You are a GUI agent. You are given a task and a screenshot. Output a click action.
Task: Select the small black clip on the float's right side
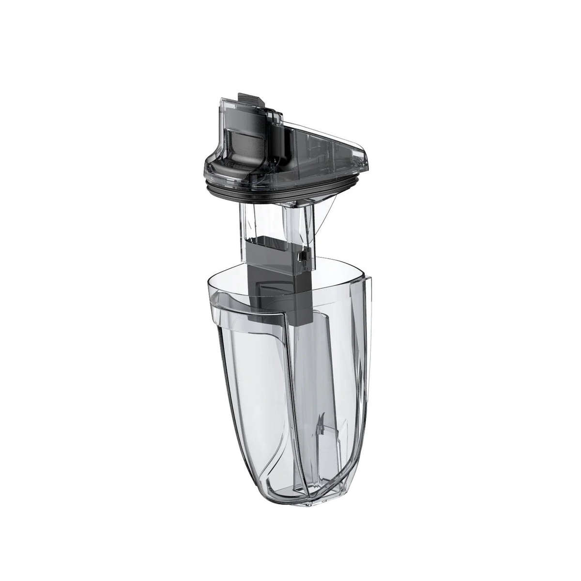(x=302, y=256)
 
